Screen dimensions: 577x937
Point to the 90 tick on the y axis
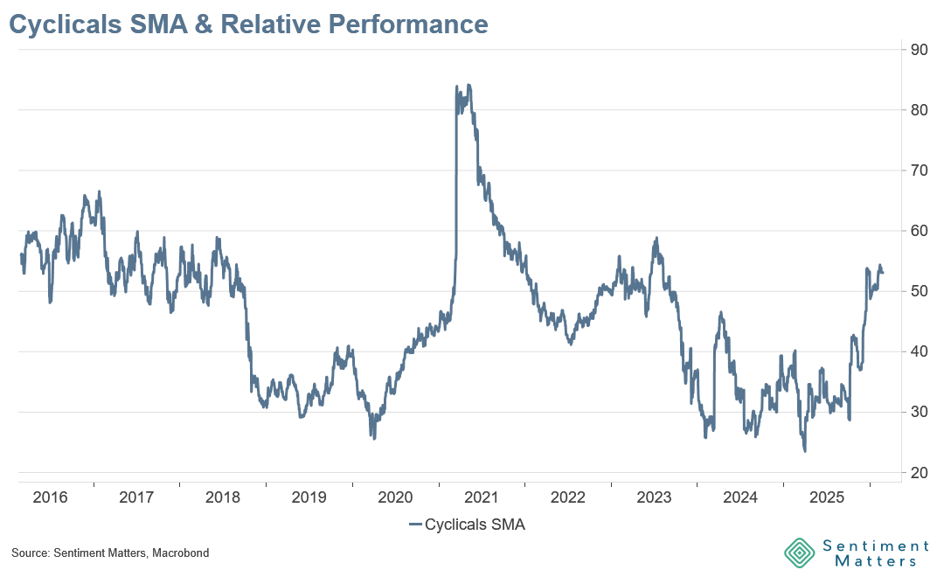[x=919, y=49]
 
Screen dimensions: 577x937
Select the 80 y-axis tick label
[x=919, y=110]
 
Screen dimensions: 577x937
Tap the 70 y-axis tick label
[x=919, y=170]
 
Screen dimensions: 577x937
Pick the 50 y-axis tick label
[x=919, y=291]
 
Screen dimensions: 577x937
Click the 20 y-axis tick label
[x=919, y=473]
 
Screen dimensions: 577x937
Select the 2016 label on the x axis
[x=51, y=497]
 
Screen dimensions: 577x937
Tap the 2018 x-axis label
[x=223, y=497]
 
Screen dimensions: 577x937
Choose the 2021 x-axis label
[x=482, y=497]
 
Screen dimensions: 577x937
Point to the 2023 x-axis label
[x=654, y=497]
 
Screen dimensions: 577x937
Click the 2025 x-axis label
[x=826, y=497]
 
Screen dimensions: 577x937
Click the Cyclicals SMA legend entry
[x=468, y=525]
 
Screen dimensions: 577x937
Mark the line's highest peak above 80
[x=469, y=86]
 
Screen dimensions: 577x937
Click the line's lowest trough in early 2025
[x=804, y=450]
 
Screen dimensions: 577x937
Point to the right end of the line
[x=883, y=273]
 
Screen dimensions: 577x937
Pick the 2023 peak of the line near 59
[x=656, y=238]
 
